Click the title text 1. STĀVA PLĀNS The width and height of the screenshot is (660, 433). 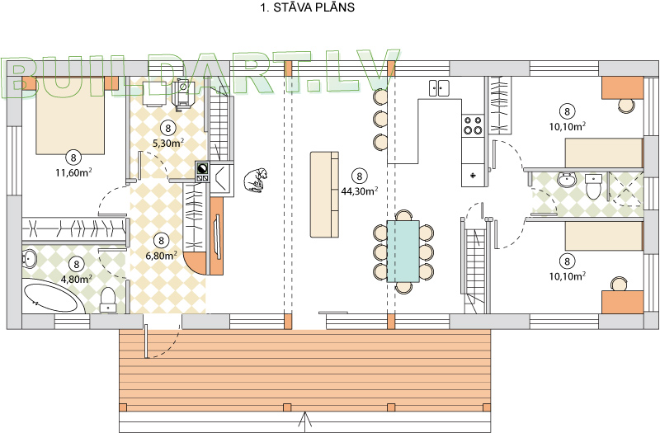pos(308,7)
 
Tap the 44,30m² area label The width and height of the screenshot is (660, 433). pos(360,191)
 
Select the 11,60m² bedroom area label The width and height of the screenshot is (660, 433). pos(74,172)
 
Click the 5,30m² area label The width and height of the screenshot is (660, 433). pos(168,143)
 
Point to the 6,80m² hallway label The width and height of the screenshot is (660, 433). pos(161,256)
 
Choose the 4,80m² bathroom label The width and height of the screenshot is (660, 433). pos(77,279)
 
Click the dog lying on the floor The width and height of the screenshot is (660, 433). pos(256,180)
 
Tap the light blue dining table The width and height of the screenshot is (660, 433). pos(403,252)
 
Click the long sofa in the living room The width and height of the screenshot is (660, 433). pos(324,195)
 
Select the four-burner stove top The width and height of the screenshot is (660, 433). pos(473,125)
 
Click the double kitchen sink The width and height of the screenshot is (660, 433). pos(439,88)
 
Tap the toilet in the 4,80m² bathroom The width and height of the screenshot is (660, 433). pos(108,300)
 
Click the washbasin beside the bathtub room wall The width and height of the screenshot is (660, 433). pos(30,258)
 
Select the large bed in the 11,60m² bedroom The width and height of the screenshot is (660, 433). pos(70,115)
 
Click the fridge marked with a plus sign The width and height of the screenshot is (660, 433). pos(474,175)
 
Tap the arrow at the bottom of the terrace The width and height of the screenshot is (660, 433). pos(304,422)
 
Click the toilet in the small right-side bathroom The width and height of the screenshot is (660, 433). pos(593,186)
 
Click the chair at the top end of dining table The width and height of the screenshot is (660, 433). pos(404,215)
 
